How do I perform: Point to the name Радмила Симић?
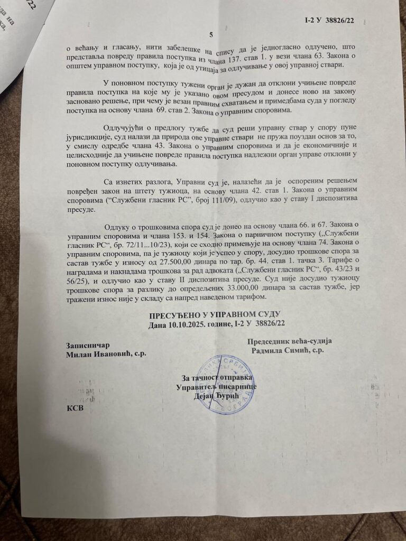tap(288, 350)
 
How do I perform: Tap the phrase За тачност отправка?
tap(217, 378)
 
